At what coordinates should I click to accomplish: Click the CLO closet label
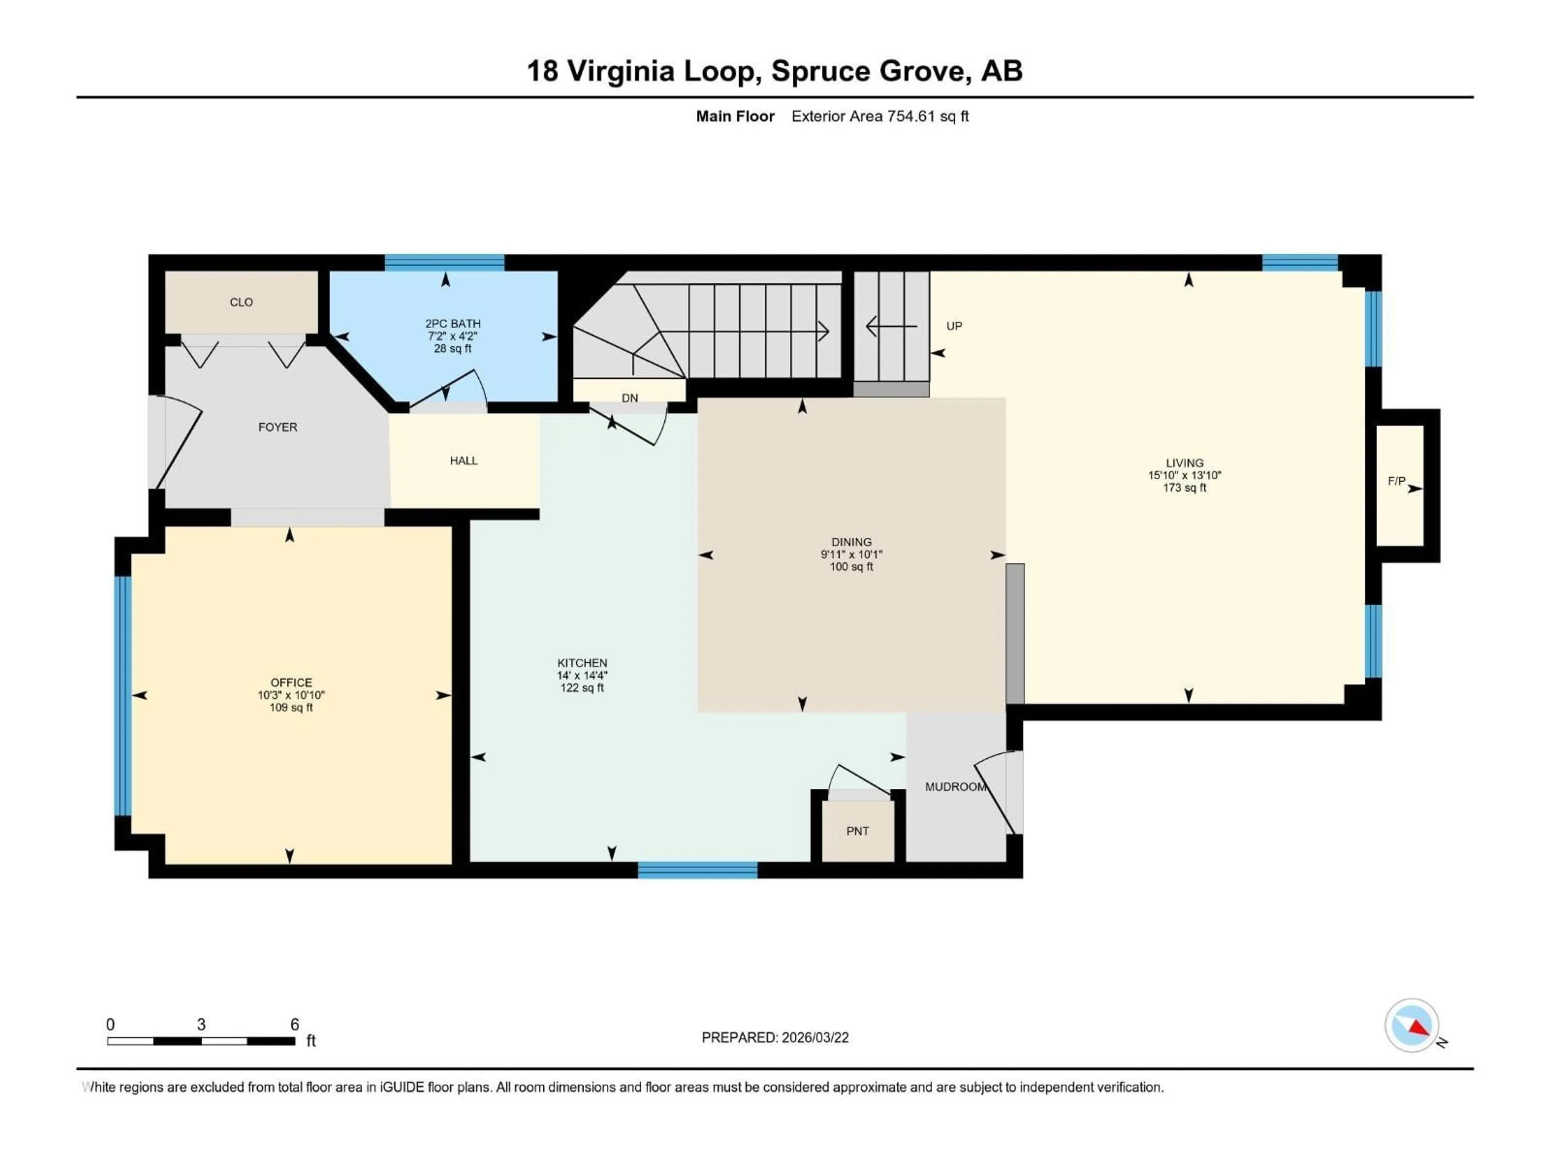pyautogui.click(x=241, y=302)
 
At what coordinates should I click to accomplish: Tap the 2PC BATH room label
pyautogui.click(x=452, y=324)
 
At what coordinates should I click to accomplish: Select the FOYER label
pyautogui.click(x=277, y=427)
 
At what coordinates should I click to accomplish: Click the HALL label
pyautogui.click(x=463, y=461)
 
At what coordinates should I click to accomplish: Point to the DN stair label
pyautogui.click(x=630, y=398)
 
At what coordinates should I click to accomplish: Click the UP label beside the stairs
pyautogui.click(x=954, y=326)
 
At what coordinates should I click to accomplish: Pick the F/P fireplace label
pyautogui.click(x=1396, y=481)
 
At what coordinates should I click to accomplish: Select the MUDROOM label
pyautogui.click(x=955, y=787)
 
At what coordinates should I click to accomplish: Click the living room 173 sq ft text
pyautogui.click(x=1184, y=487)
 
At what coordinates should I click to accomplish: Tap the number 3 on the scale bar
pyautogui.click(x=201, y=1024)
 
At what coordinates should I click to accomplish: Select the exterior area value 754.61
pyautogui.click(x=911, y=116)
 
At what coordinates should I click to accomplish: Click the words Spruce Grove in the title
pyautogui.click(x=871, y=71)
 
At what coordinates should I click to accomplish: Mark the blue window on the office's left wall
pyautogui.click(x=123, y=695)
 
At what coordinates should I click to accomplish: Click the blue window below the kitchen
pyautogui.click(x=697, y=870)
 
